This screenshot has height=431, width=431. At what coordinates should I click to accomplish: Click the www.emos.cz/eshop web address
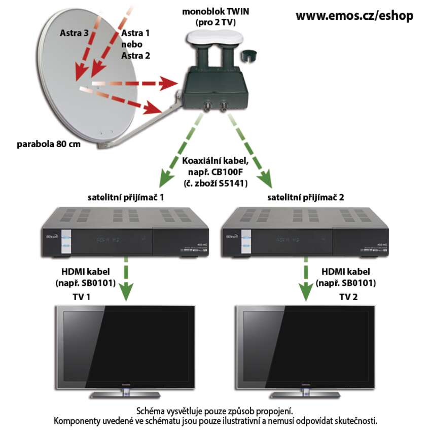354,16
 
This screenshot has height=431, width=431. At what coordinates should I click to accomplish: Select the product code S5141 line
216,184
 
